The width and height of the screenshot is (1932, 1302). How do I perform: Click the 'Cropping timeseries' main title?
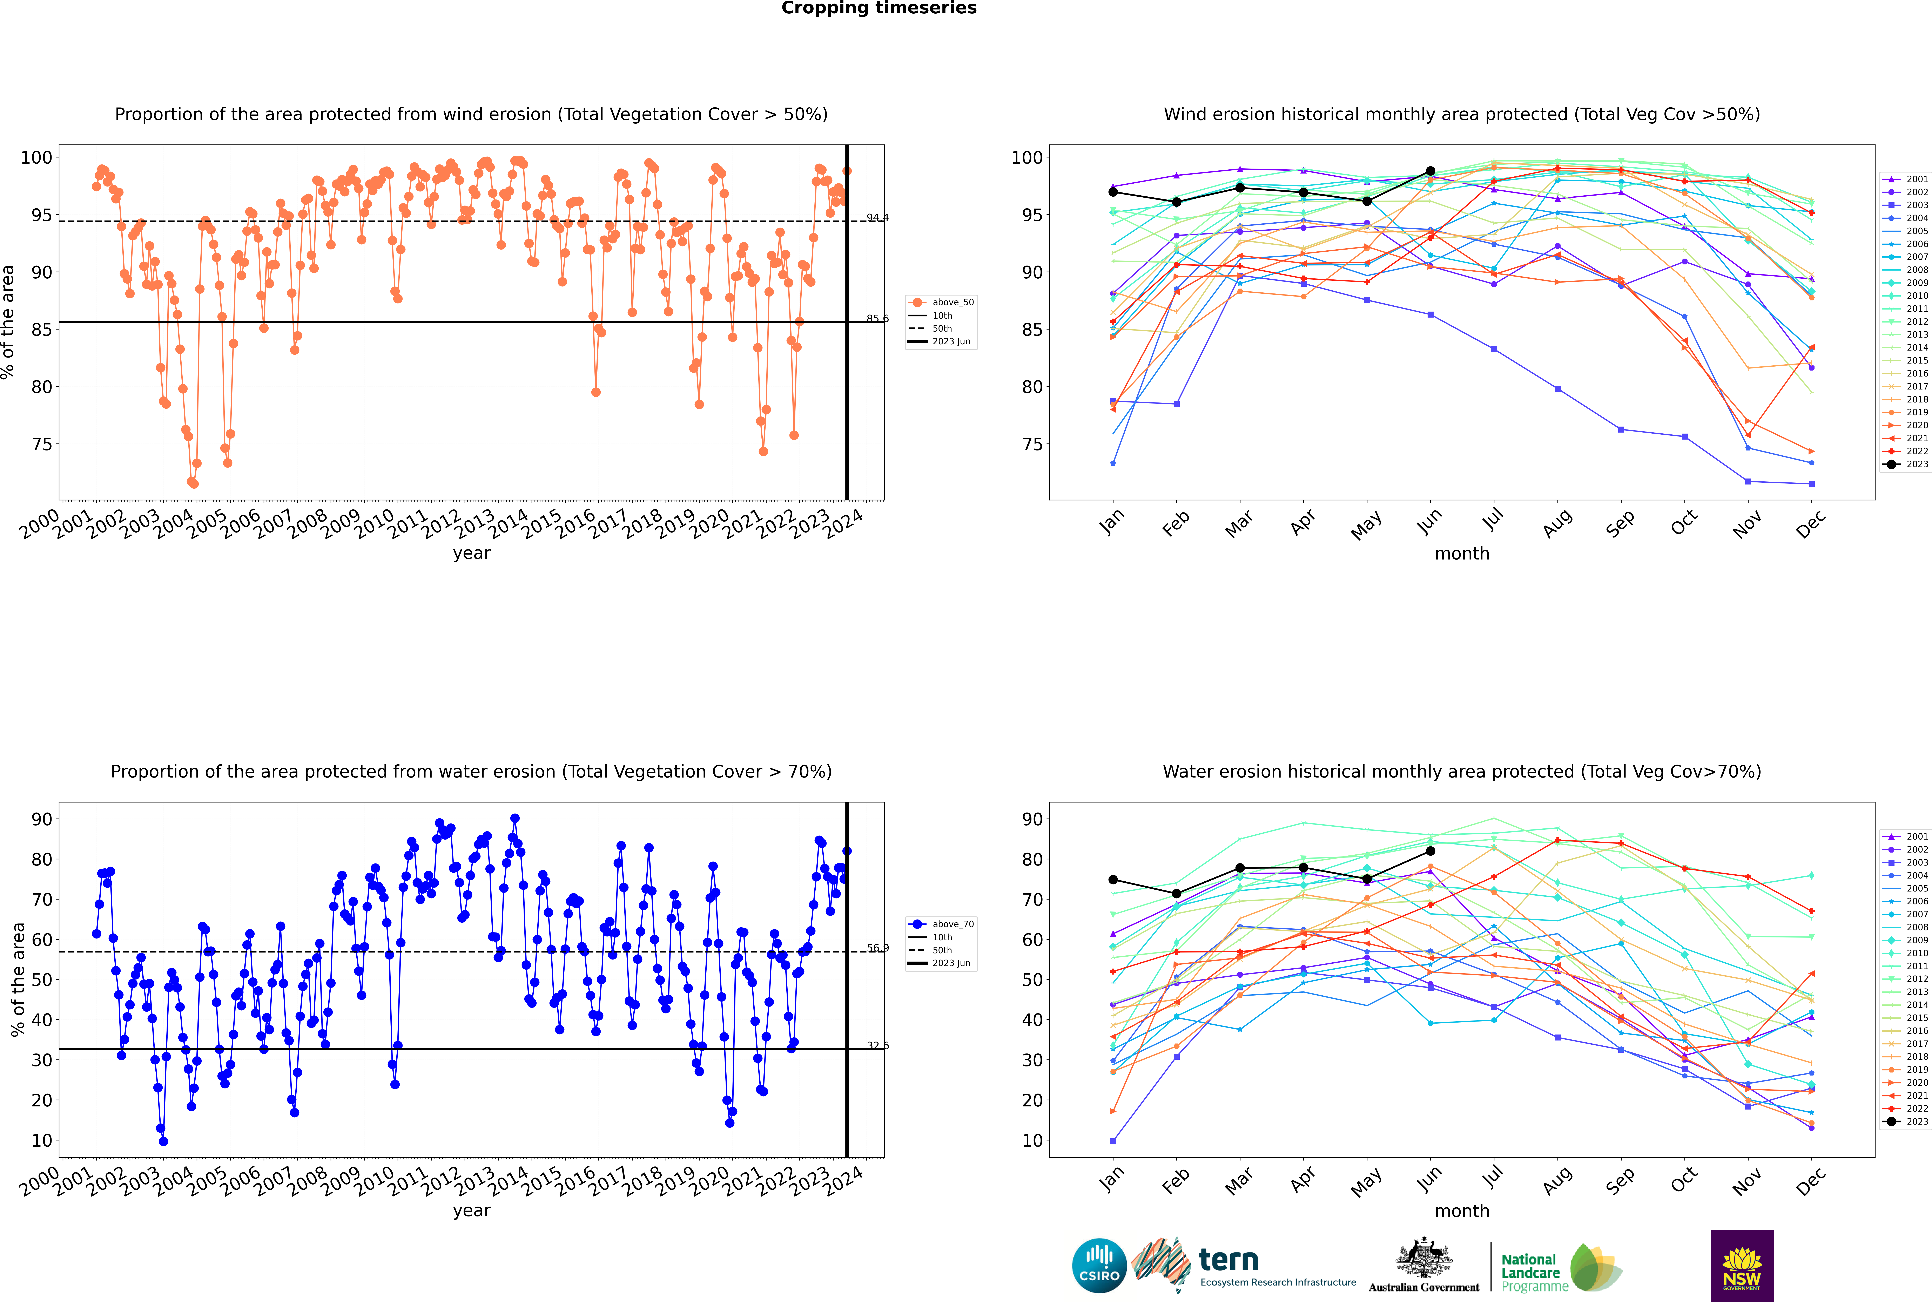coord(879,8)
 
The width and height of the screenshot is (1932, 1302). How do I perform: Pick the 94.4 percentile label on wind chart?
coord(877,218)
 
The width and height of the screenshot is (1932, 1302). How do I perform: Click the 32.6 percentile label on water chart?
coord(877,1045)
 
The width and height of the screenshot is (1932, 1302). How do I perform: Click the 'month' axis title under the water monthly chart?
coord(1462,1211)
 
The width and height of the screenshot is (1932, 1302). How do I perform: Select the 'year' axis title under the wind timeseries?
coord(471,553)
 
